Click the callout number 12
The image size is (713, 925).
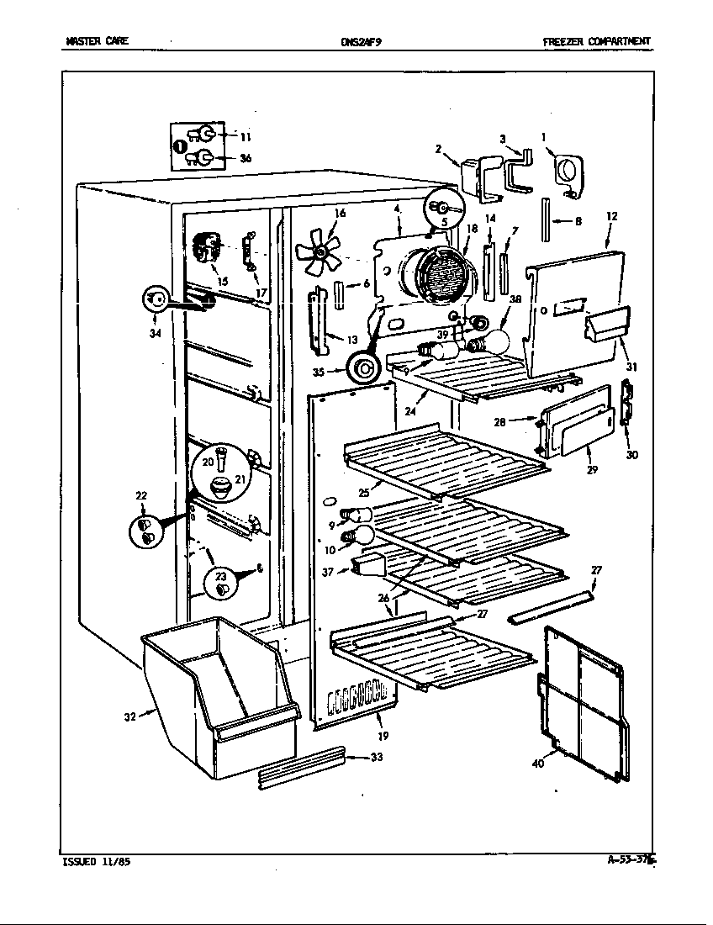pos(611,216)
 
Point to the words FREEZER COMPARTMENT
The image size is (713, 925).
pos(595,41)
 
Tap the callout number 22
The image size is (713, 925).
pos(140,495)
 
